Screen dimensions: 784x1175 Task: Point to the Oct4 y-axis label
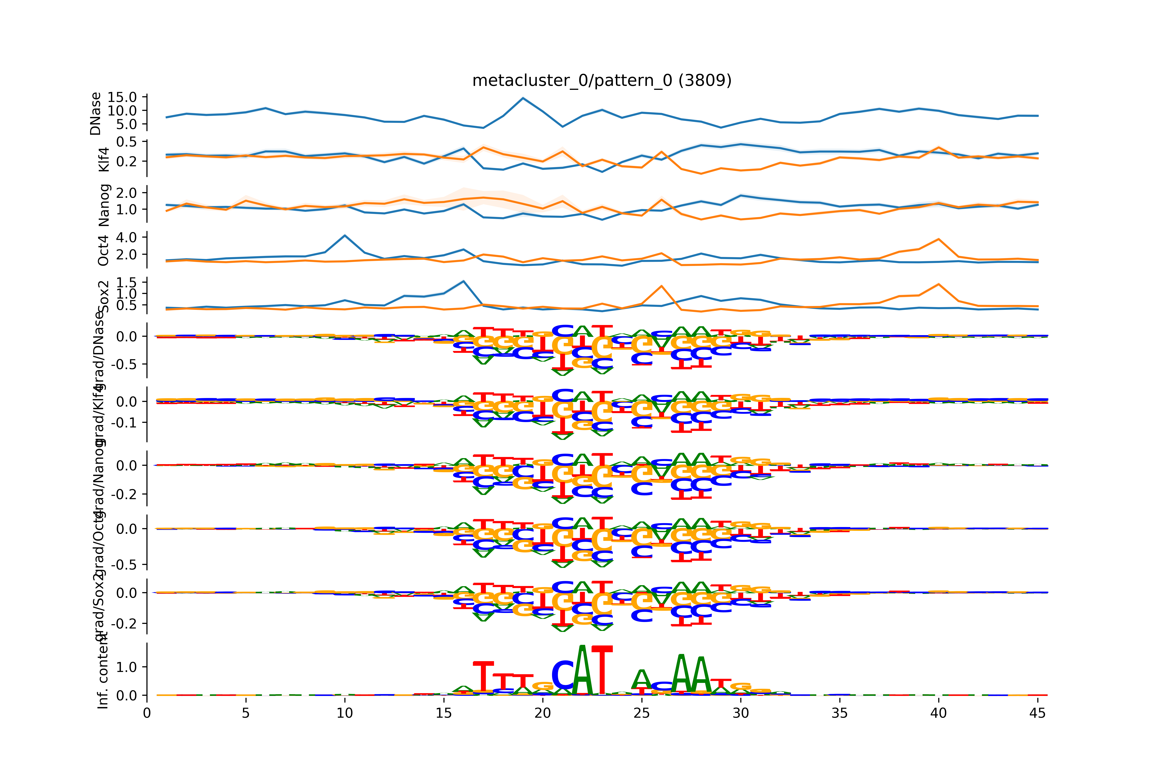click(103, 251)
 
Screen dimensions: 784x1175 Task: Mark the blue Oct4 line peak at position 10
click(345, 236)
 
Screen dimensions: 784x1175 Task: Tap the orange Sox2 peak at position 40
click(939, 285)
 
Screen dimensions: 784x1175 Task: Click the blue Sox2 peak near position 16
click(464, 281)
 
